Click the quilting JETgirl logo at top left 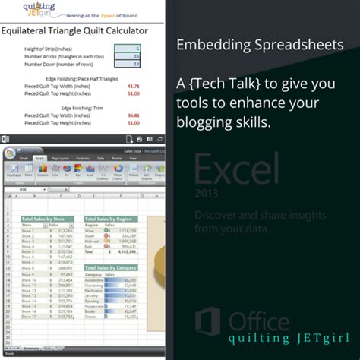tap(30, 11)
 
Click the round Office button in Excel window tap(10, 153)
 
